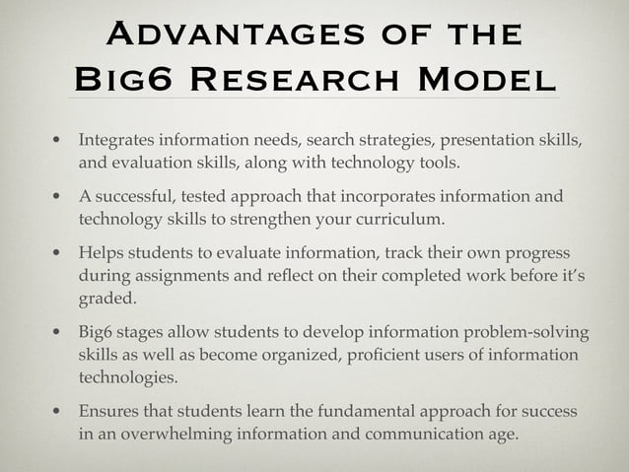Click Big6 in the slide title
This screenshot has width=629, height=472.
click(119, 79)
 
